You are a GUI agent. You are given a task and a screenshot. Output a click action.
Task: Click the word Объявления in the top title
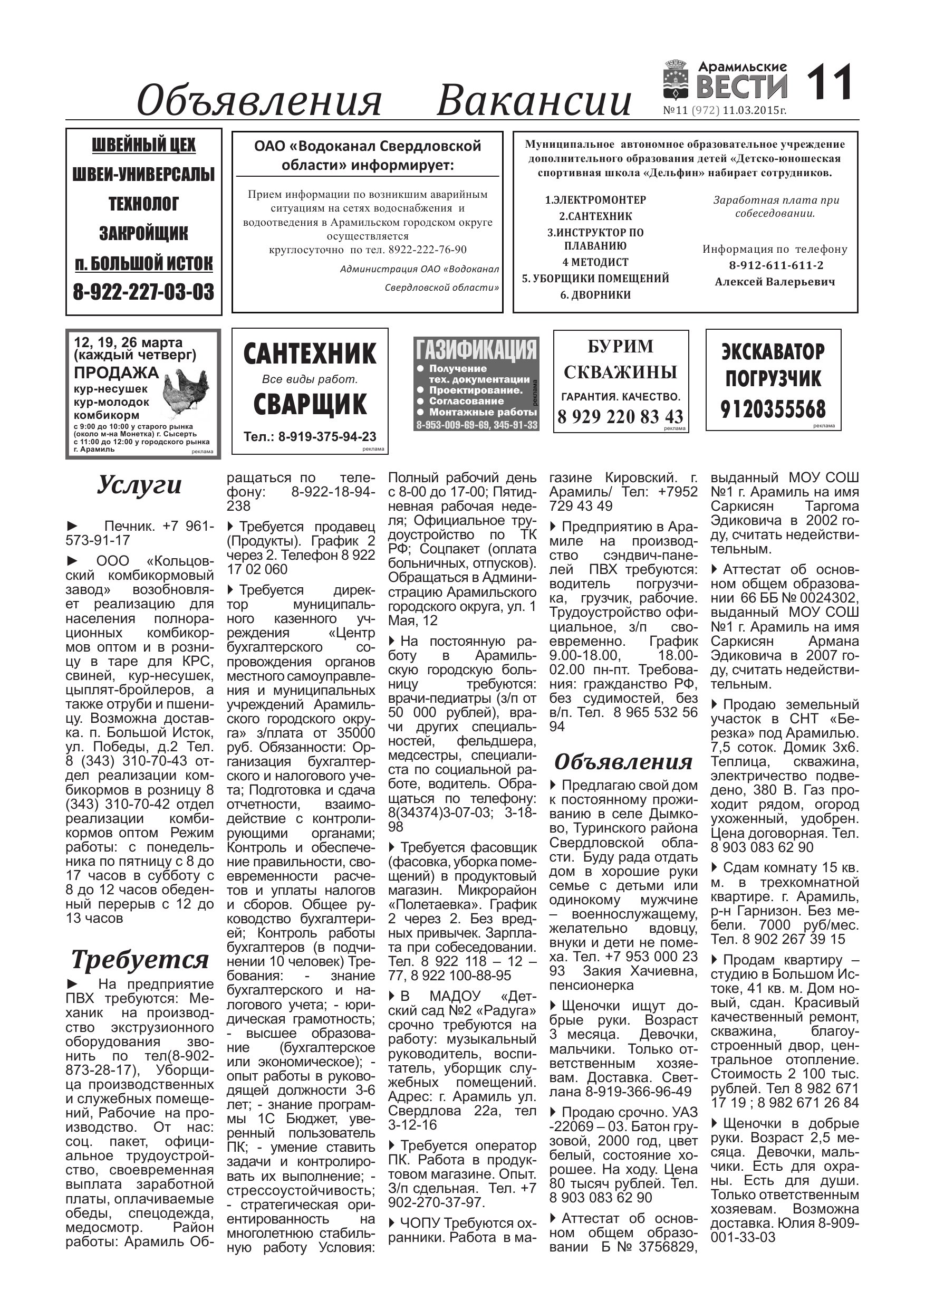click(259, 100)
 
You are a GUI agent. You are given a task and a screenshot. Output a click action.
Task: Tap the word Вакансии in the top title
click(534, 100)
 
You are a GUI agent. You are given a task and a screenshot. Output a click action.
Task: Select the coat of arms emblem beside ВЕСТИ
click(678, 80)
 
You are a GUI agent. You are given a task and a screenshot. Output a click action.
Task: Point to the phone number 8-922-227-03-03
click(143, 292)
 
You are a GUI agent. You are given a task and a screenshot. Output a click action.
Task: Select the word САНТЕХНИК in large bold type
click(310, 353)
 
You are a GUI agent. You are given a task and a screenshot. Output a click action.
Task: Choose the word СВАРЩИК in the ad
click(310, 404)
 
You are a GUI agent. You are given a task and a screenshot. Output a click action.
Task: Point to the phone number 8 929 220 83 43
click(621, 417)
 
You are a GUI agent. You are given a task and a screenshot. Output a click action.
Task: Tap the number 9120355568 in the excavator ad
click(773, 409)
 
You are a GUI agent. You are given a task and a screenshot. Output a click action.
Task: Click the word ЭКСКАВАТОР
click(773, 351)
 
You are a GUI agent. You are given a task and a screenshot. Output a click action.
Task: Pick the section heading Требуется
click(140, 960)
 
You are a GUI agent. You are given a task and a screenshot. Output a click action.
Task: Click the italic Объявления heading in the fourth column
click(623, 762)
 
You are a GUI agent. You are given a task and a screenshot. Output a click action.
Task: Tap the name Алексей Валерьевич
click(775, 282)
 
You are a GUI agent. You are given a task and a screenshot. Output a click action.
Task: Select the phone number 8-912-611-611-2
click(776, 265)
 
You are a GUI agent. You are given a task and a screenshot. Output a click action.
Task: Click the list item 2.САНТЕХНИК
click(595, 216)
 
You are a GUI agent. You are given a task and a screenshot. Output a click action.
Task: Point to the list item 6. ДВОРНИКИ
click(595, 295)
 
